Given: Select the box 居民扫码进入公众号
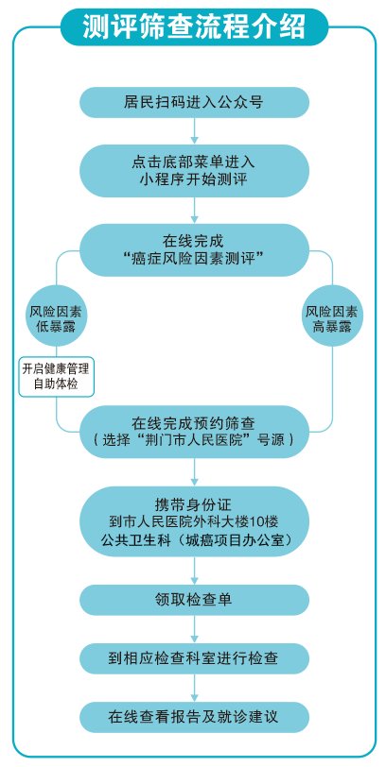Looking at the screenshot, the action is (195, 102).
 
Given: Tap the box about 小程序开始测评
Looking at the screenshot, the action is (195, 171).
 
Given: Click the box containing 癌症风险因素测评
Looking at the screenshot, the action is (195, 250).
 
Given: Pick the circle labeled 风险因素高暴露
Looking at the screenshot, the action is (332, 316).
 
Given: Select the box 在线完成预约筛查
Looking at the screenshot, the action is (195, 432).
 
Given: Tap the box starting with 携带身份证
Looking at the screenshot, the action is (195, 521).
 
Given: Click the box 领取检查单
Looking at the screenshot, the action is (195, 600).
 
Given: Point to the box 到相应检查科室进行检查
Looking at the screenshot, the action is (195, 658).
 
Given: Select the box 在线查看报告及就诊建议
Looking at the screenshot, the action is (195, 717).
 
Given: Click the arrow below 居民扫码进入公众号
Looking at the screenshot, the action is (195, 130).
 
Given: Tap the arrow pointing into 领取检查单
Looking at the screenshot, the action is (195, 571).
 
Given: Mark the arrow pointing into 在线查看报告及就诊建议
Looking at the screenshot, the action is (195, 688).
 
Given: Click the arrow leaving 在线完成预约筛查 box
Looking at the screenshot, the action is (195, 472).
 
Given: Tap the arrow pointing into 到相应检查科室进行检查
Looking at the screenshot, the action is (195, 629).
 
